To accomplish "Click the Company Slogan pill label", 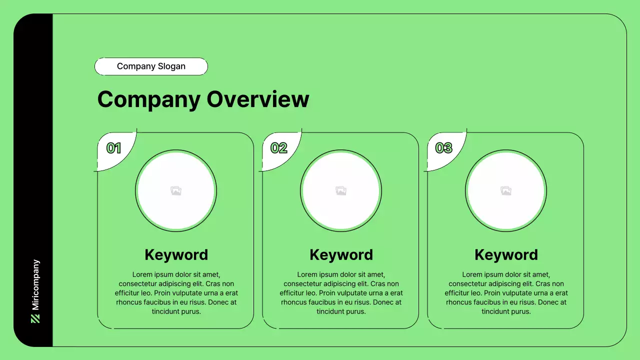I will [x=151, y=66].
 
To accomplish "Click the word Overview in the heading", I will [x=258, y=99].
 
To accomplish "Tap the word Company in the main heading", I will [x=148, y=99].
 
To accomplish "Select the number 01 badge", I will [x=114, y=148].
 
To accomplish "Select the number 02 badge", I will [x=279, y=148].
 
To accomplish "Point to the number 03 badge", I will [x=444, y=148].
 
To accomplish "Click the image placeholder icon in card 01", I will [x=176, y=190].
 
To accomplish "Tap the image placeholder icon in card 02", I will [x=341, y=190].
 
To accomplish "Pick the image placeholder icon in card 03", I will [x=506, y=190].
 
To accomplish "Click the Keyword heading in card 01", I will [x=176, y=254].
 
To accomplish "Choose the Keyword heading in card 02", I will [x=341, y=254].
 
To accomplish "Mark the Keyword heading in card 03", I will [x=506, y=254].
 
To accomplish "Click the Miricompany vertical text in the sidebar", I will [x=35, y=284].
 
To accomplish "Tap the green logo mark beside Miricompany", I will [x=35, y=318].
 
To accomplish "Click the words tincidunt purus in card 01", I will [x=176, y=311].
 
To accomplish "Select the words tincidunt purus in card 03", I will [x=506, y=311].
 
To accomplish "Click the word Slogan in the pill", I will [x=171, y=66].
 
